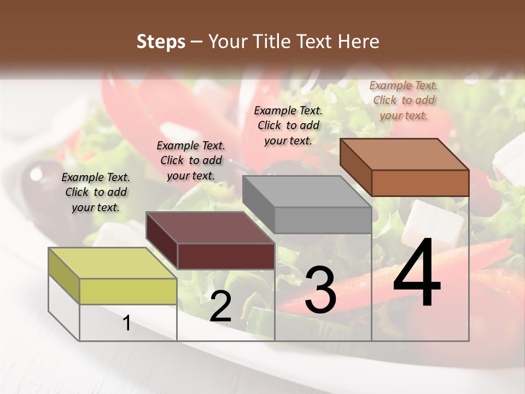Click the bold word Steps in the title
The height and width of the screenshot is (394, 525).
pos(161,42)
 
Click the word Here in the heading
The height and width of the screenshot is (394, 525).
pos(358,42)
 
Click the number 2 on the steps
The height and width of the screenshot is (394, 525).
pos(220,306)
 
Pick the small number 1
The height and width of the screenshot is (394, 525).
pos(127,323)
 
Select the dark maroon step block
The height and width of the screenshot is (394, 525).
pos(210,241)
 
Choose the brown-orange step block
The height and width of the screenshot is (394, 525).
pos(405,167)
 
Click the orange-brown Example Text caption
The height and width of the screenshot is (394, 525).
pos(404,100)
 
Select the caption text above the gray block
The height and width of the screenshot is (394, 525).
pos(288,125)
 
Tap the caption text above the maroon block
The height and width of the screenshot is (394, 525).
pos(191,160)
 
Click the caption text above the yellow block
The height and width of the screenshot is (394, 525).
pos(96,192)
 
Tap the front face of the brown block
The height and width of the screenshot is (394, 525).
pos(420,183)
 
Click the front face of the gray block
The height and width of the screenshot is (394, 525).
pos(323,220)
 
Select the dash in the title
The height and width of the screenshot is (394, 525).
pos(197,42)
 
